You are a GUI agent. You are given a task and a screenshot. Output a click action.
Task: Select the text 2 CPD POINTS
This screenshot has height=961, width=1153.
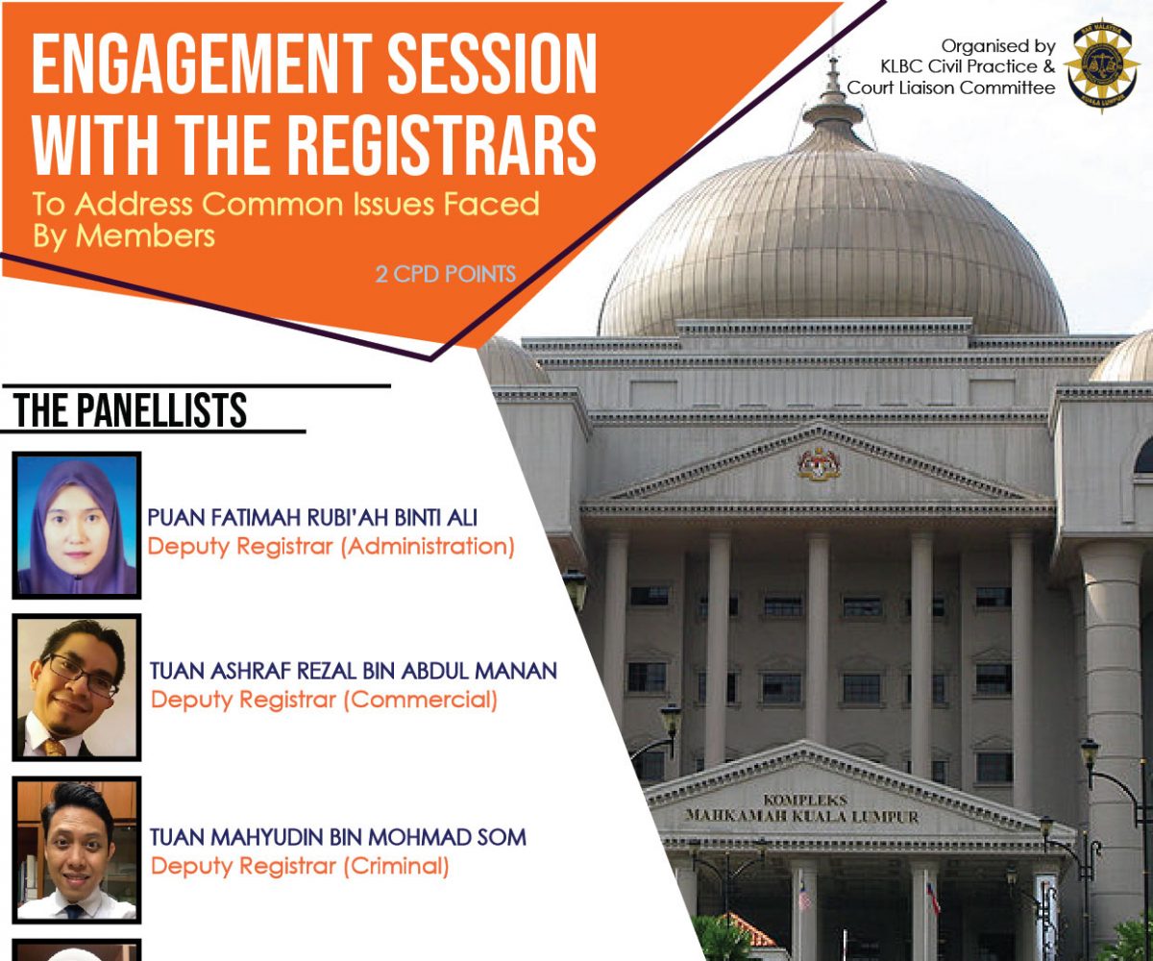(446, 274)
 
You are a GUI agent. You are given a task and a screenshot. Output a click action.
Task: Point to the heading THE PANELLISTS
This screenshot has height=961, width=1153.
(131, 410)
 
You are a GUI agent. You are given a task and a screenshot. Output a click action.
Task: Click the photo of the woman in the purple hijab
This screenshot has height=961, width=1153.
(77, 526)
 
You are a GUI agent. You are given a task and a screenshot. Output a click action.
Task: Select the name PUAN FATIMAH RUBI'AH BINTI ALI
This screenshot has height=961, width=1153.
(312, 518)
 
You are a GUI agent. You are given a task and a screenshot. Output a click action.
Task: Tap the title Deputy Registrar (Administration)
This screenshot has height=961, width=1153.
(331, 547)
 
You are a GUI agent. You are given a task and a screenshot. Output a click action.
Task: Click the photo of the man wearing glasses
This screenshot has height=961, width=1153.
(77, 687)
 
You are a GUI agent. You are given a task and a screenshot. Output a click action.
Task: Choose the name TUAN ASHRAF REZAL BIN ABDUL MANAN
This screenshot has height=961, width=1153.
(354, 671)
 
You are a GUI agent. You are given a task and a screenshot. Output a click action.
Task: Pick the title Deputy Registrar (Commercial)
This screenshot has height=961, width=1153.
(324, 700)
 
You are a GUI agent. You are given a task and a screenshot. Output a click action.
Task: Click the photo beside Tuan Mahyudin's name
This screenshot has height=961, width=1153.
(77, 850)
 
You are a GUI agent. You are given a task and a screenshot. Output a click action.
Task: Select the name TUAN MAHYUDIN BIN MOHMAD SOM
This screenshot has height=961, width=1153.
(338, 837)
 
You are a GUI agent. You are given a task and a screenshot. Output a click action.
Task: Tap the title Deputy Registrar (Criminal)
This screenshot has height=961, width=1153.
(300, 866)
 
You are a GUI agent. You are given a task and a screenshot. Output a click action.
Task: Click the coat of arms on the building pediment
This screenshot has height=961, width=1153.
(819, 464)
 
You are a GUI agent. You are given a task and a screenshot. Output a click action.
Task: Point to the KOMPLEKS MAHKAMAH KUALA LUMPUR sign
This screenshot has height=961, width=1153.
(801, 808)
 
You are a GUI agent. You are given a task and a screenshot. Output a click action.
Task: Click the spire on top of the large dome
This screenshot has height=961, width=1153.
(833, 83)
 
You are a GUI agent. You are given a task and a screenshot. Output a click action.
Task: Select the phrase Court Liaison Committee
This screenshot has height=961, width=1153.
(951, 87)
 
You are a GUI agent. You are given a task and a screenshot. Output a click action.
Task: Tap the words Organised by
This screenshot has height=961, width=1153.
(998, 46)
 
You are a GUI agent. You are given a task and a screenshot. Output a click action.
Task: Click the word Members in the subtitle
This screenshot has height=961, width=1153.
(145, 235)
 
